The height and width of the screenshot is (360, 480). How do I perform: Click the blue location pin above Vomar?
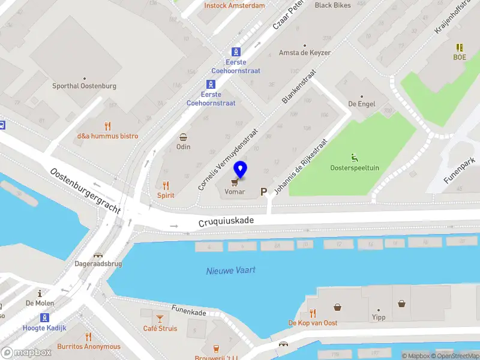(x=241, y=169)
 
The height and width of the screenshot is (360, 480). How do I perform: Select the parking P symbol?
(x=263, y=192)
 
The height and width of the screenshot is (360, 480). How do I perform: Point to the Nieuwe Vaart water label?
(x=230, y=271)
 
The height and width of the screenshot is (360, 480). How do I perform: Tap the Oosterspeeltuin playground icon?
(x=355, y=158)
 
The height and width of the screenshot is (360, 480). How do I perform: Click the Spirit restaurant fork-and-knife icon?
(x=166, y=186)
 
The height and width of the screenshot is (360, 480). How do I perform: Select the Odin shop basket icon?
(x=183, y=137)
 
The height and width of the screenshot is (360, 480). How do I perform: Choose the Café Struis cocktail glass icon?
(x=160, y=319)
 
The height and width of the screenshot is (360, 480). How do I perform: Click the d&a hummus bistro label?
(x=107, y=136)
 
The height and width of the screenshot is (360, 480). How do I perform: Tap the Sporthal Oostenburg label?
(x=84, y=86)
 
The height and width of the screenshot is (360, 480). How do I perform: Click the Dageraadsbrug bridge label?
(x=98, y=263)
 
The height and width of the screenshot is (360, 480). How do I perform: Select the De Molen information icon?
(x=40, y=293)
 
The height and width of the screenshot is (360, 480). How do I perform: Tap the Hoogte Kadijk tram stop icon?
(x=44, y=318)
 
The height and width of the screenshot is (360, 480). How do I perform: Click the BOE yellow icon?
(x=460, y=47)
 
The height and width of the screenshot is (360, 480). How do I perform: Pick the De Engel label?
(x=361, y=104)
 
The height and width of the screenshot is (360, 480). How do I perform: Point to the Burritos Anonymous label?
(x=89, y=347)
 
